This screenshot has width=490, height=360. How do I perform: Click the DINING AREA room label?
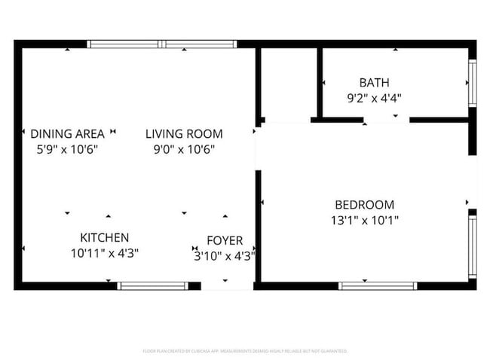pyautogui.click(x=67, y=133)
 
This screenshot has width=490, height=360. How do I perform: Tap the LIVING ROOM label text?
pyautogui.click(x=184, y=133)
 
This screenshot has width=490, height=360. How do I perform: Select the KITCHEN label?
pyautogui.click(x=105, y=237)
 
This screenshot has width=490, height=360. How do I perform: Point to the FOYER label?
pyautogui.click(x=225, y=240)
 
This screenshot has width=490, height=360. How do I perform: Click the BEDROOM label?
pyautogui.click(x=364, y=204)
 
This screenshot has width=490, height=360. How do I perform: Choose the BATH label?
pyautogui.click(x=375, y=82)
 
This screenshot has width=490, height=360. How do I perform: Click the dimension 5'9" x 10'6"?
pyautogui.click(x=67, y=149)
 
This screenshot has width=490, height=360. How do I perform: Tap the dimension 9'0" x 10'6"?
pyautogui.click(x=184, y=149)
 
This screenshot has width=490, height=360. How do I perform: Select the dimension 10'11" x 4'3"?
pyautogui.click(x=105, y=253)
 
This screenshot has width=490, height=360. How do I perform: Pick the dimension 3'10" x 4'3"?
pyautogui.click(x=225, y=255)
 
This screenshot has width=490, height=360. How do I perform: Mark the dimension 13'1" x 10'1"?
pyautogui.click(x=364, y=220)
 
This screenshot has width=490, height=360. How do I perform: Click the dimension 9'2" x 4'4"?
pyautogui.click(x=375, y=97)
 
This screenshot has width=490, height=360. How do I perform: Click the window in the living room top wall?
pyautogui.click(x=163, y=44)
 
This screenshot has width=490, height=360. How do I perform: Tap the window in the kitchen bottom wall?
pyautogui.click(x=154, y=285)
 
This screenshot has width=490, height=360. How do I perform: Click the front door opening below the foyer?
pyautogui.click(x=227, y=285)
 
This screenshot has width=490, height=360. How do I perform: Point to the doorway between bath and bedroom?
pyautogui.click(x=386, y=119)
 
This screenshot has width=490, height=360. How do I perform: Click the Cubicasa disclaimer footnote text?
pyautogui.click(x=245, y=351)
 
